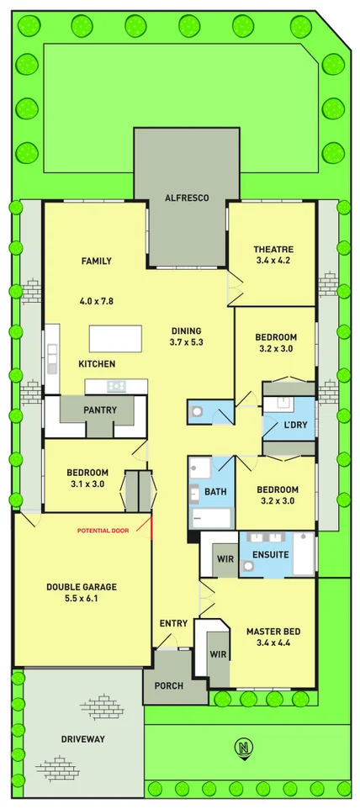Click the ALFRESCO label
(187, 198)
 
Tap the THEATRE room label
(273, 249)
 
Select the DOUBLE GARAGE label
(82, 587)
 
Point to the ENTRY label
(173, 623)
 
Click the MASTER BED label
(273, 632)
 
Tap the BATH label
(214, 491)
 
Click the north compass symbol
(244, 748)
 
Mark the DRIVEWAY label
(83, 739)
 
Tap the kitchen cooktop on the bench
(116, 386)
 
